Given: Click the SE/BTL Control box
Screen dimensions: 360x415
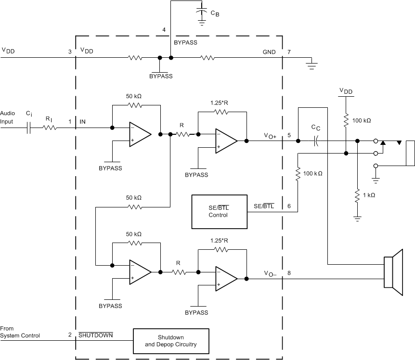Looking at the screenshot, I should pyautogui.click(x=219, y=211).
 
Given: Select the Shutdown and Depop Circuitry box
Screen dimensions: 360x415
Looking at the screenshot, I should pyautogui.click(x=171, y=341).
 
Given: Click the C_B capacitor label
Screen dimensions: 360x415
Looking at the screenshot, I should pyautogui.click(x=215, y=14).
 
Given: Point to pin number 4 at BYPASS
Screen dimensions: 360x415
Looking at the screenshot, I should pyautogui.click(x=164, y=30).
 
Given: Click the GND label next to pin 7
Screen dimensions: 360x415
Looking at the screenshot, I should pyautogui.click(x=269, y=51).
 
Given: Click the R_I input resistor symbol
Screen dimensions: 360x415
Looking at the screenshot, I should pyautogui.click(x=50, y=128).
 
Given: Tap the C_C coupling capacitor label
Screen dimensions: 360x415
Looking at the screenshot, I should pyautogui.click(x=315, y=127).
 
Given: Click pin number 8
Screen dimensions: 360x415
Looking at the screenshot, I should pyautogui.click(x=289, y=273).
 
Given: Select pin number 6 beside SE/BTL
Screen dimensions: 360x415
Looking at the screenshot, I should pyautogui.click(x=289, y=206).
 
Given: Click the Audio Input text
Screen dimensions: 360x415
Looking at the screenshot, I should pyautogui.click(x=7, y=117).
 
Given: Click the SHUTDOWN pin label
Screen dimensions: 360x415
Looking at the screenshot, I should pyautogui.click(x=95, y=334).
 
